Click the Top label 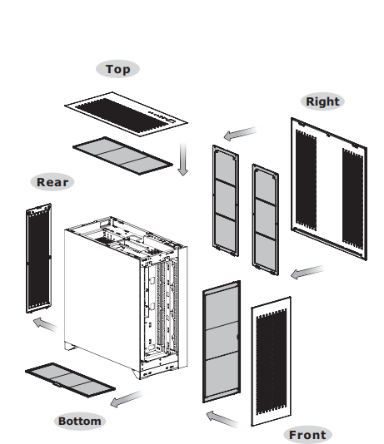pyautogui.click(x=117, y=69)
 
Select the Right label pyautogui.click(x=322, y=101)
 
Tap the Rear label pyautogui.click(x=52, y=182)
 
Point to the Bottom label pyautogui.click(x=80, y=421)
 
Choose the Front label pyautogui.click(x=307, y=435)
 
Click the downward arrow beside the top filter pyautogui.click(x=183, y=155)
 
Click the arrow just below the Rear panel pyautogui.click(x=47, y=325)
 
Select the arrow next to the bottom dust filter pyautogui.click(x=131, y=397)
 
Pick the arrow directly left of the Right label pyautogui.click(x=245, y=132)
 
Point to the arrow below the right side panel pyautogui.click(x=311, y=272)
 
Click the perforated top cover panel pyautogui.click(x=126, y=114)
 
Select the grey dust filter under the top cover pyautogui.click(x=122, y=155)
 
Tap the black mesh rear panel pyautogui.click(x=38, y=259)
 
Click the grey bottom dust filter pyautogui.click(x=70, y=380)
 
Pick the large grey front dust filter pyautogui.click(x=222, y=342)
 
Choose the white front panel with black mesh pyautogui.click(x=271, y=361)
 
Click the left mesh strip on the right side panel pyautogui.click(x=306, y=180)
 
